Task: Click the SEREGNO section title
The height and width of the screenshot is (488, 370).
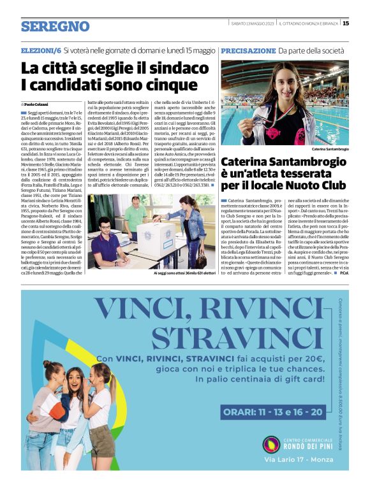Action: tap(55, 26)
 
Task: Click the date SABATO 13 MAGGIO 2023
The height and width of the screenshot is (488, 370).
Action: tap(252, 24)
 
